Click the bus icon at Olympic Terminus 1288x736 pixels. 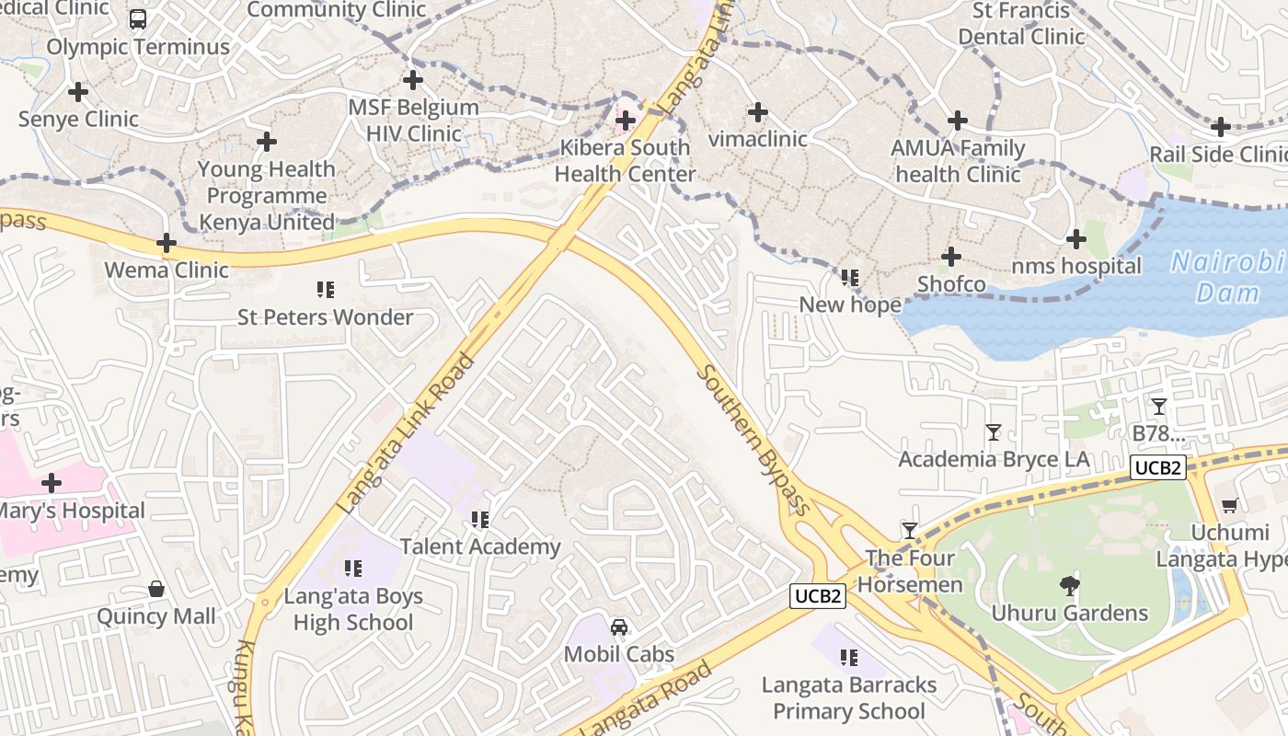tap(138, 19)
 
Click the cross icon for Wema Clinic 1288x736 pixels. tap(167, 243)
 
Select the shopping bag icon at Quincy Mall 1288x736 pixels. tap(156, 589)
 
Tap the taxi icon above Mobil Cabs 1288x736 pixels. tap(619, 627)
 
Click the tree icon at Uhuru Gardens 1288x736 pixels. tap(1069, 584)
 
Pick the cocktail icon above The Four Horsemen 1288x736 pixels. tap(910, 530)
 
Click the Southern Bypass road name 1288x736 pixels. tap(753, 440)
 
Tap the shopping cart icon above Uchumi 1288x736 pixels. tap(1229, 505)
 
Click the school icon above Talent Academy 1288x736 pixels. tap(479, 520)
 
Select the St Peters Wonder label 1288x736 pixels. tap(326, 317)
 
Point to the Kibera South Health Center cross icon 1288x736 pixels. tap(626, 121)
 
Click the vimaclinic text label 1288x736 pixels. tap(758, 139)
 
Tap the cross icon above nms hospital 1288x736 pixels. tap(1075, 240)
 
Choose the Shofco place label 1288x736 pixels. tap(951, 284)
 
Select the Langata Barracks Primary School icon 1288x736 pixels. tap(849, 658)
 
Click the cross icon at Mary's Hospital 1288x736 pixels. tap(52, 483)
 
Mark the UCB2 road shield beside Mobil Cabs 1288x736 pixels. tap(818, 596)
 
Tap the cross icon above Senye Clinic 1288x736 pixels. tap(78, 92)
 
